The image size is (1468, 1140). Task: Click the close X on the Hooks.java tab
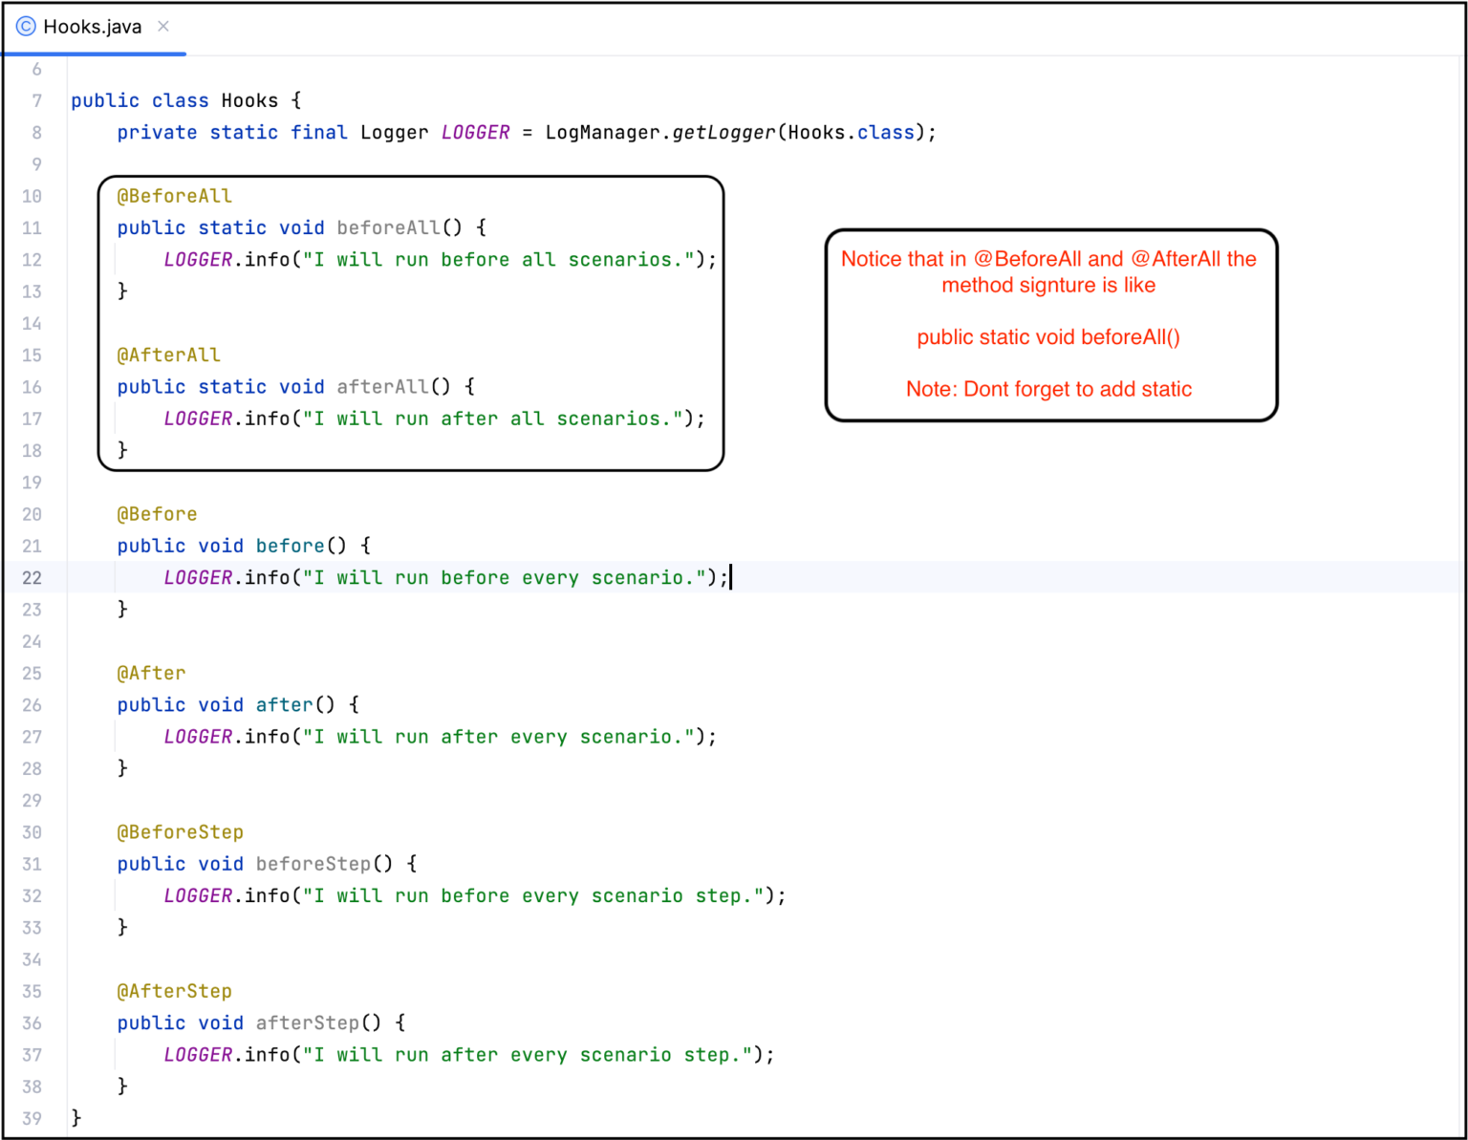point(162,27)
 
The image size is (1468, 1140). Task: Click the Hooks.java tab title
point(93,27)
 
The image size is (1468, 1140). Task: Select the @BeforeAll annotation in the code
point(174,196)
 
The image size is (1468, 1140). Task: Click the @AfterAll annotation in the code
point(168,355)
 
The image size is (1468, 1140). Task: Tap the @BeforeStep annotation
point(180,832)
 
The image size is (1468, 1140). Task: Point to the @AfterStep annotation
point(174,991)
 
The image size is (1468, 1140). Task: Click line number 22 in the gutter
point(32,578)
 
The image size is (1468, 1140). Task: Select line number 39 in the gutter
point(32,1118)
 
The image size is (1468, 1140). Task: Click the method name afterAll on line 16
point(382,387)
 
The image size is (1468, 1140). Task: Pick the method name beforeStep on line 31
point(313,864)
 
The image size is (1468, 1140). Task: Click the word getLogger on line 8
point(723,133)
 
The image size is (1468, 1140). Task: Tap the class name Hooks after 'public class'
point(249,100)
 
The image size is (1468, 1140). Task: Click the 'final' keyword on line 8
point(318,133)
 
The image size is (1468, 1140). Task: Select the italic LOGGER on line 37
point(198,1054)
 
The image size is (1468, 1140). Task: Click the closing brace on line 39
point(76,1118)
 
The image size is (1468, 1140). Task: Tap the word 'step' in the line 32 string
point(718,896)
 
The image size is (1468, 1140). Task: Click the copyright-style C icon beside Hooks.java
point(26,27)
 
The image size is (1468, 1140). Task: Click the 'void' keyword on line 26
point(220,705)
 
